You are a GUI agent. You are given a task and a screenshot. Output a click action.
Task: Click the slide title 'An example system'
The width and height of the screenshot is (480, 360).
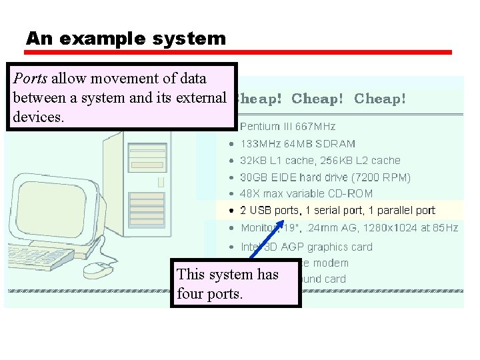(x=126, y=39)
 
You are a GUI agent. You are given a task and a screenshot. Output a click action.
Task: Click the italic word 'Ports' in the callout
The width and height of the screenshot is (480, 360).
(x=31, y=79)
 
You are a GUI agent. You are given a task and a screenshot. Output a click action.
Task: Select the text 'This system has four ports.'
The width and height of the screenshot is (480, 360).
(x=227, y=283)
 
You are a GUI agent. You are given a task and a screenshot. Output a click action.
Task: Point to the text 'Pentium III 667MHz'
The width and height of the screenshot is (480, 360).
(x=287, y=126)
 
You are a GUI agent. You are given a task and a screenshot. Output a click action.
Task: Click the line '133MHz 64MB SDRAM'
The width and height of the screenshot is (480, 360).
(x=297, y=143)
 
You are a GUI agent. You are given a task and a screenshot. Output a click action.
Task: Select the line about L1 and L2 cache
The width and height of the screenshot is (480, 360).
(x=320, y=160)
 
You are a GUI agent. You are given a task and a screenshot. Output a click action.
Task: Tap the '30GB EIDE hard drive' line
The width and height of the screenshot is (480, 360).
(x=325, y=177)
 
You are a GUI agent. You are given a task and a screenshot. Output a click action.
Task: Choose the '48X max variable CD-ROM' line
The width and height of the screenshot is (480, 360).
(x=306, y=193)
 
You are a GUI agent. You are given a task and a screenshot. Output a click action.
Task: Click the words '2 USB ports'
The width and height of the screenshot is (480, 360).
(x=269, y=210)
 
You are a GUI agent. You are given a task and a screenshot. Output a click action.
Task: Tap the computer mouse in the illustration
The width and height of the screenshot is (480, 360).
(x=97, y=269)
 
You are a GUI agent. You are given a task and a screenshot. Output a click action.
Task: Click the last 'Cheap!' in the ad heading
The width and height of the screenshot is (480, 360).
(x=379, y=99)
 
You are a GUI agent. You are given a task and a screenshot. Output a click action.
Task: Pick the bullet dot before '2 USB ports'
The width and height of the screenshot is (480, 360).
(x=231, y=211)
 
